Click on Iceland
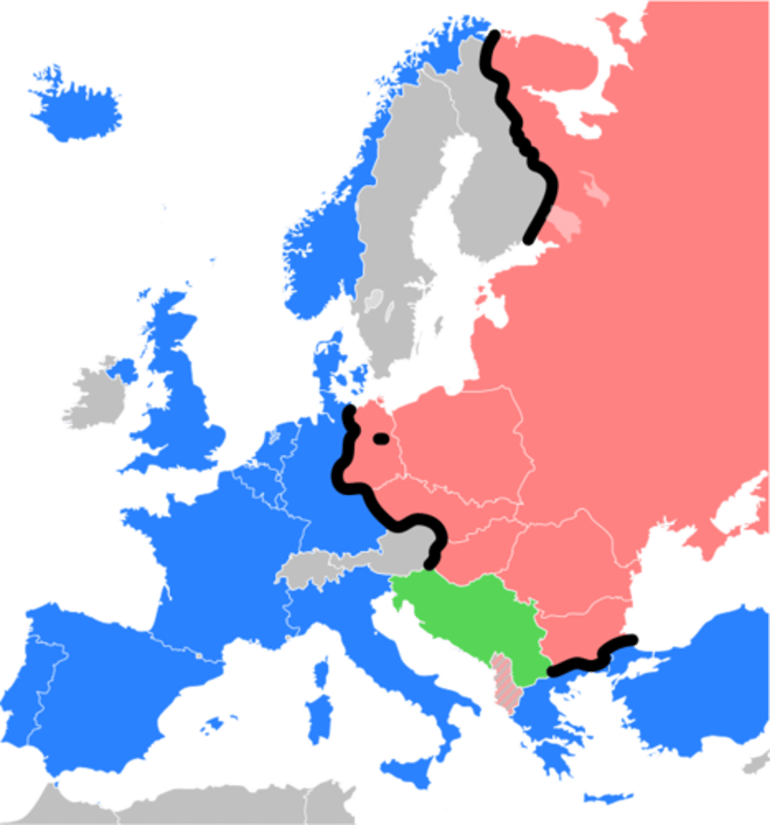coord(76,107)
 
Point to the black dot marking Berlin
coord(380,437)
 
